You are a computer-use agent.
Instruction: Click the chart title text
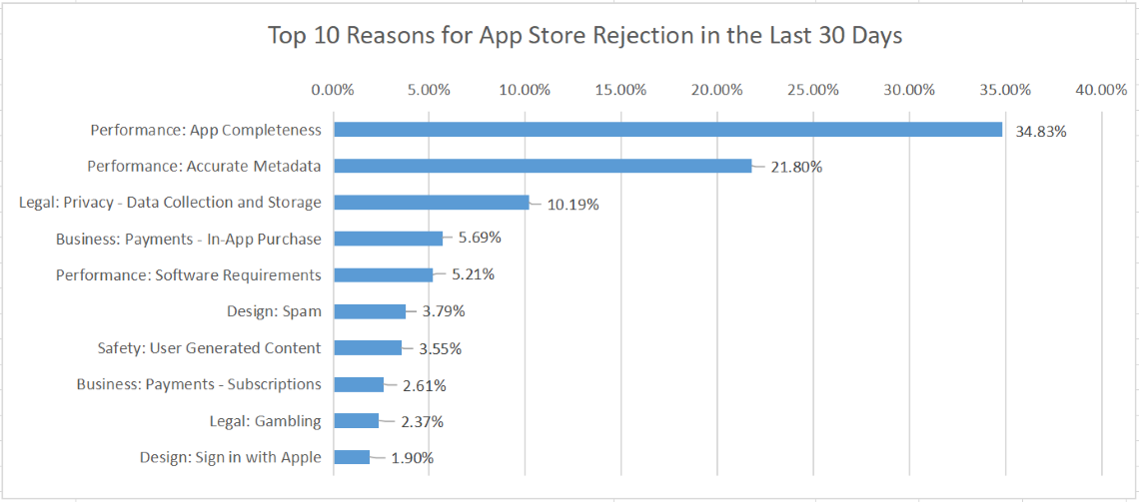(584, 36)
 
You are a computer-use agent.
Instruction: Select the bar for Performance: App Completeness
(667, 130)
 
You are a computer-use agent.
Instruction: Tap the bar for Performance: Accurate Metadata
(543, 166)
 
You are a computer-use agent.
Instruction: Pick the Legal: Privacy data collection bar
(431, 203)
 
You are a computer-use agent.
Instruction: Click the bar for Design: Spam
(370, 311)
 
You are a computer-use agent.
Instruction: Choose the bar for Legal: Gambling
(356, 421)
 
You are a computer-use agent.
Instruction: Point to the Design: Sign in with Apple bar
(352, 457)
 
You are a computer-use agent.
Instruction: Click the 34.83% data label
(1041, 131)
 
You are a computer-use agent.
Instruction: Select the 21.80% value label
(796, 167)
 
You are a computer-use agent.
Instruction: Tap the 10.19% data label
(572, 205)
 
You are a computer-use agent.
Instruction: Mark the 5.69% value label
(480, 239)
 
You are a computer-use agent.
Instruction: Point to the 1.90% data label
(413, 458)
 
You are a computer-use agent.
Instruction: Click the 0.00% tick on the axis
(334, 90)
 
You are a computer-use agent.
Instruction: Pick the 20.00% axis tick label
(717, 90)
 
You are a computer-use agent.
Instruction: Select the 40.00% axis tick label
(1101, 90)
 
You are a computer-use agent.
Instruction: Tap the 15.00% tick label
(621, 90)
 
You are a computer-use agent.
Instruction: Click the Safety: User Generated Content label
(209, 348)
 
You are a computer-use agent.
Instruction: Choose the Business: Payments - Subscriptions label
(199, 384)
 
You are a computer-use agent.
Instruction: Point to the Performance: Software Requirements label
(189, 275)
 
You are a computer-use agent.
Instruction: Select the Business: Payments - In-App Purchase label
(189, 239)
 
